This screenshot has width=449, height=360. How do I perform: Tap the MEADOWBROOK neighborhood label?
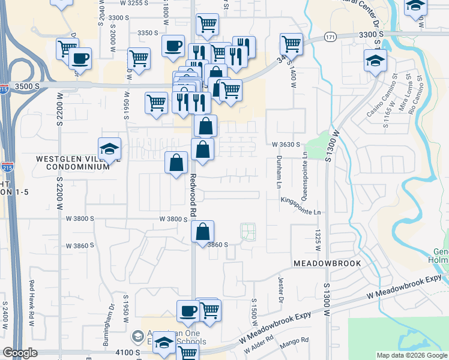tap(327, 263)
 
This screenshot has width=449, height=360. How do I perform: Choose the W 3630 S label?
tap(285, 145)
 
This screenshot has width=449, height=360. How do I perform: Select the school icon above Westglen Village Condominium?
tap(110, 150)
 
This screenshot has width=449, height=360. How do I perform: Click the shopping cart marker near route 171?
tap(291, 44)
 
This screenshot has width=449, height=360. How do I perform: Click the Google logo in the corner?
tap(20, 353)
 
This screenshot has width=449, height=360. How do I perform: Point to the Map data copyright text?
tap(412, 355)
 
